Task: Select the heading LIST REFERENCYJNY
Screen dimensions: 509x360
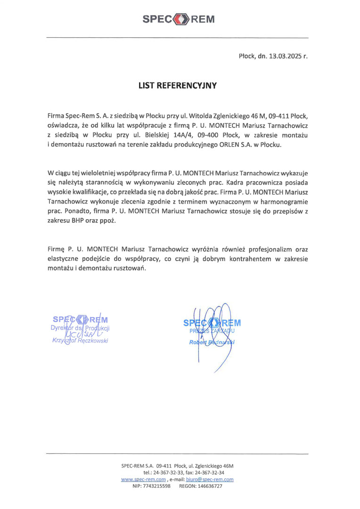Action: pyautogui.click(x=178, y=86)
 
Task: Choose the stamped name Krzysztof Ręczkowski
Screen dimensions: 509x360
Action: pyautogui.click(x=81, y=341)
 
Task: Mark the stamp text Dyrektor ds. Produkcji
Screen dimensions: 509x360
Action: pyautogui.click(x=81, y=327)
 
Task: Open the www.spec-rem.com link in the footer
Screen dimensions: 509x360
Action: pyautogui.click(x=140, y=479)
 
